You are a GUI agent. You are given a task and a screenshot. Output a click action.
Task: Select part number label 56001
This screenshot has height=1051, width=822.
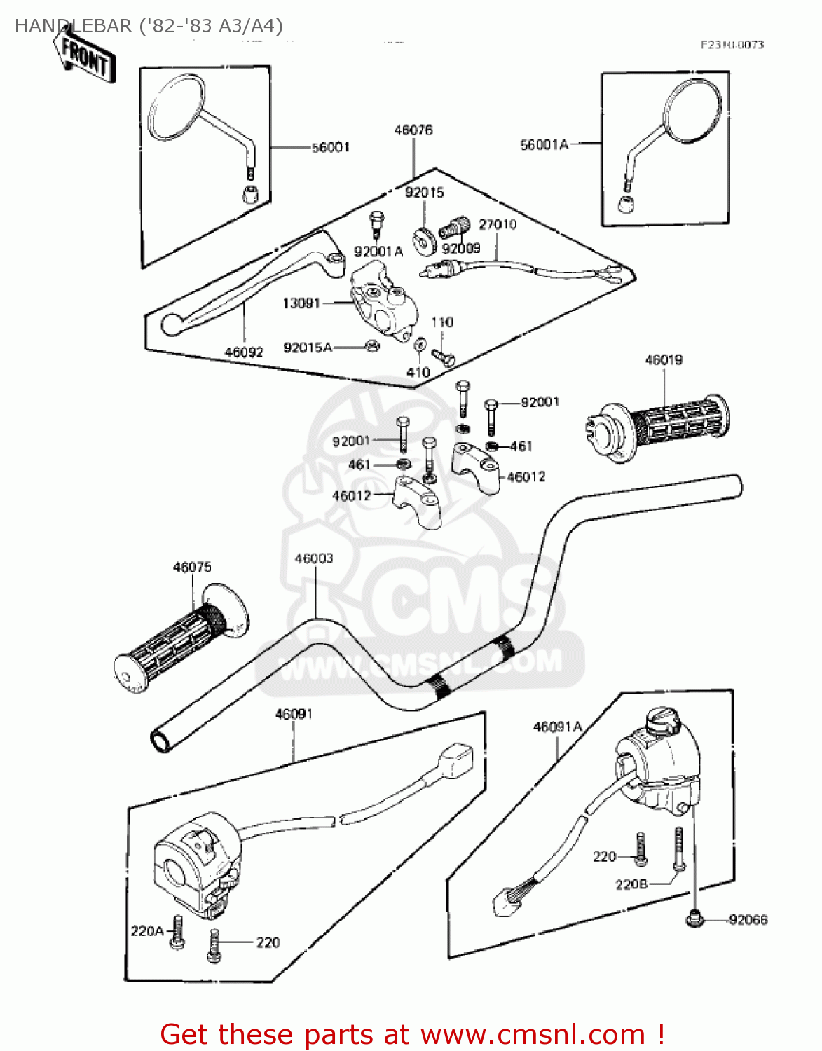pyautogui.click(x=330, y=147)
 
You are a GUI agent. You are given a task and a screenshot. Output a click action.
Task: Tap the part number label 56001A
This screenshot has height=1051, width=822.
pyautogui.click(x=544, y=145)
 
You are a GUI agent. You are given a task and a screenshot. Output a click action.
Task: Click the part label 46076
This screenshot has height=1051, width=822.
pyautogui.click(x=413, y=130)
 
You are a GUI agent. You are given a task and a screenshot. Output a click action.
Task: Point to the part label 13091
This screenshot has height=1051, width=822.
pyautogui.click(x=301, y=303)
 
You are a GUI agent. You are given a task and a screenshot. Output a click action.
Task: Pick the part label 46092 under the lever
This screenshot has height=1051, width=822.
pyautogui.click(x=244, y=352)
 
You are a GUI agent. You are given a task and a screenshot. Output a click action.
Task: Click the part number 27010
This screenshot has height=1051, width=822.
pyautogui.click(x=498, y=224)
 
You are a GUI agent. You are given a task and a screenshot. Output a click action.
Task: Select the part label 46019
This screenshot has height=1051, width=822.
pyautogui.click(x=664, y=360)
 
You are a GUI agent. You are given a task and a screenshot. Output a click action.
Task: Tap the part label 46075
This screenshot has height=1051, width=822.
pyautogui.click(x=192, y=568)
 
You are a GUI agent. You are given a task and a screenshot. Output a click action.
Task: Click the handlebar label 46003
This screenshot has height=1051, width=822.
pyautogui.click(x=314, y=558)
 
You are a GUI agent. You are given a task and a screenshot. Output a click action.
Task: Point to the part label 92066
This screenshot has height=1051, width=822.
pyautogui.click(x=748, y=920)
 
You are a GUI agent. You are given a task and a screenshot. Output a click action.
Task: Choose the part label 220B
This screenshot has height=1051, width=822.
pyautogui.click(x=631, y=885)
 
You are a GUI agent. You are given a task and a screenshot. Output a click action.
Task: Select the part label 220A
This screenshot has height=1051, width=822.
pyautogui.click(x=147, y=931)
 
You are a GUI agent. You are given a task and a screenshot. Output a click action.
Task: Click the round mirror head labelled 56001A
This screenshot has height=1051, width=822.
pyautogui.click(x=692, y=109)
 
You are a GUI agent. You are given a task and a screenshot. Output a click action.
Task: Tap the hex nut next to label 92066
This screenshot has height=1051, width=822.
pyautogui.click(x=694, y=917)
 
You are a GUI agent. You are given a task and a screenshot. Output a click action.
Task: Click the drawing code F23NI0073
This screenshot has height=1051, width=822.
pyautogui.click(x=732, y=45)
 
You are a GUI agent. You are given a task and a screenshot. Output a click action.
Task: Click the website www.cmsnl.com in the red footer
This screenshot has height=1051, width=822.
pyautogui.click(x=533, y=1035)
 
